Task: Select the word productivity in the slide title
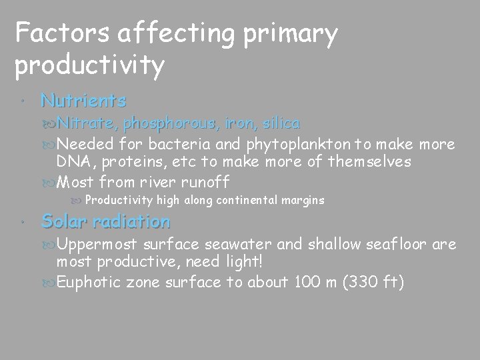pos(89,65)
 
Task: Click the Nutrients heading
pos(83,101)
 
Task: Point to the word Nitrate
pos(83,123)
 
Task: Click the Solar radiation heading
pos(105,221)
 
